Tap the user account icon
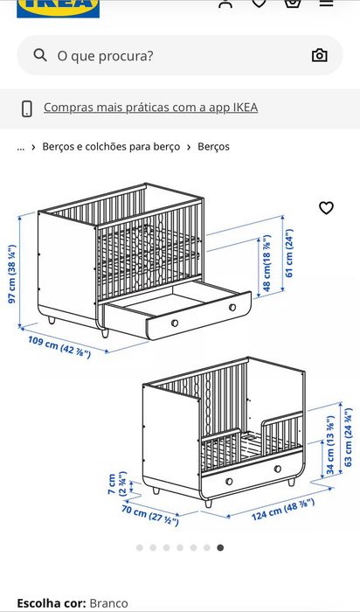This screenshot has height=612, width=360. coord(225,3)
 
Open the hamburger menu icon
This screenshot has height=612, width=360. coord(325,3)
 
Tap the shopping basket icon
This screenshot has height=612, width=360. coord(292,3)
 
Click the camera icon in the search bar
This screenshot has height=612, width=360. coord(320,55)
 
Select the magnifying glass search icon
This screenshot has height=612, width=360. coord(40,55)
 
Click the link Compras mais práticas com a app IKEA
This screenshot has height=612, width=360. coord(150,108)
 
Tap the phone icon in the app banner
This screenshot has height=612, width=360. coord(27,108)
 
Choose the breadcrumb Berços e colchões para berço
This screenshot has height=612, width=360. coord(111,147)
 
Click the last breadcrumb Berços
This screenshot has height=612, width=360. coord(213,147)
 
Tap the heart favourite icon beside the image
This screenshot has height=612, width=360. coord(326,208)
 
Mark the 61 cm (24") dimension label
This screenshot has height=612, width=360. coord(289,253)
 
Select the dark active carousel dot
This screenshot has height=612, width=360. coord(220,548)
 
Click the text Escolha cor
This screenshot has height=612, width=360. coord(51,603)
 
